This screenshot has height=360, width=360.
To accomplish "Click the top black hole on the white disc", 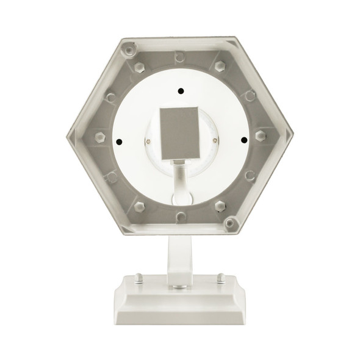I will (180, 92).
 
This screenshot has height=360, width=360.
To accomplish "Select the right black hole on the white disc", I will (243, 140).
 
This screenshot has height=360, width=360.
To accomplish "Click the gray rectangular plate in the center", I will (180, 132).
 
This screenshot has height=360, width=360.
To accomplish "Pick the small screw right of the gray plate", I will (214, 140).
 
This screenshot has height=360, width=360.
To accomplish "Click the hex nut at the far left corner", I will (100, 136).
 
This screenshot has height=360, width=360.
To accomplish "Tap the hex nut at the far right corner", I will (261, 135).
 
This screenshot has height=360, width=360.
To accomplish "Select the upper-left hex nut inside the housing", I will (139, 66).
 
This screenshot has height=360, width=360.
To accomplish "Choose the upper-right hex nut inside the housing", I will (220, 65).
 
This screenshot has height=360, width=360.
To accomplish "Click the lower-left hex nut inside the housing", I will (140, 206).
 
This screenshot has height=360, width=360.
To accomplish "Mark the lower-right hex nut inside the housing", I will (220, 206).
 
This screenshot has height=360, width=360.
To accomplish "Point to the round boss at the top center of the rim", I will (180, 56).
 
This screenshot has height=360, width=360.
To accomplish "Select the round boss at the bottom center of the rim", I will (181, 217).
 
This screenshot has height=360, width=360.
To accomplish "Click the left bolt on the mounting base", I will (139, 278).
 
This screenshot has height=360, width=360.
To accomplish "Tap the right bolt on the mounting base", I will (220, 278).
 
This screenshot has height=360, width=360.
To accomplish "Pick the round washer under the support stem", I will (179, 286).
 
